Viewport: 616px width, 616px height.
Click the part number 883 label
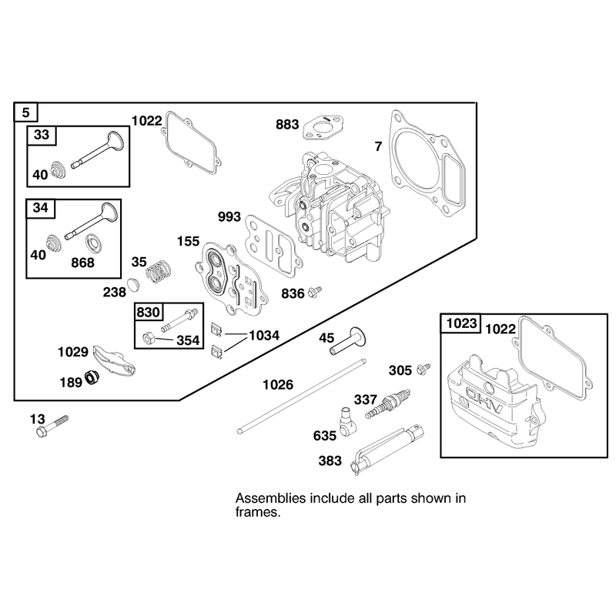coord(287,125)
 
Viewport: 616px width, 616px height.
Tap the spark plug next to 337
coord(388,403)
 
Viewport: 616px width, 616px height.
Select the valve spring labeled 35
coord(159,271)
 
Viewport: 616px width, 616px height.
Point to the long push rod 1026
coord(302,396)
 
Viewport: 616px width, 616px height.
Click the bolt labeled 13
coord(52,426)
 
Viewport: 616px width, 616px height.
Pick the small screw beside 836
coord(315,292)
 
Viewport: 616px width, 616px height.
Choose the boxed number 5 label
coord(26,112)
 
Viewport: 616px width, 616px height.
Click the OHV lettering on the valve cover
coord(484,400)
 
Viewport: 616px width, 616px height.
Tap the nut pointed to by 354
coord(148,338)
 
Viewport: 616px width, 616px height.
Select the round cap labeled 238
coord(133,284)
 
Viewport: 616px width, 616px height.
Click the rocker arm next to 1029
coord(114,358)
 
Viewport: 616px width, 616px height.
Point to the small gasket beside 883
coord(323,127)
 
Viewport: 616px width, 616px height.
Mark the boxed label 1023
coord(460,323)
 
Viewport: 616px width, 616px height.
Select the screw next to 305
coord(423,369)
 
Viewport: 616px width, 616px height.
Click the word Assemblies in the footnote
coord(271,498)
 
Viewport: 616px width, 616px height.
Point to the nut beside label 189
coord(92,377)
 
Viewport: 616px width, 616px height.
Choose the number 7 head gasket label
coord(378,146)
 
